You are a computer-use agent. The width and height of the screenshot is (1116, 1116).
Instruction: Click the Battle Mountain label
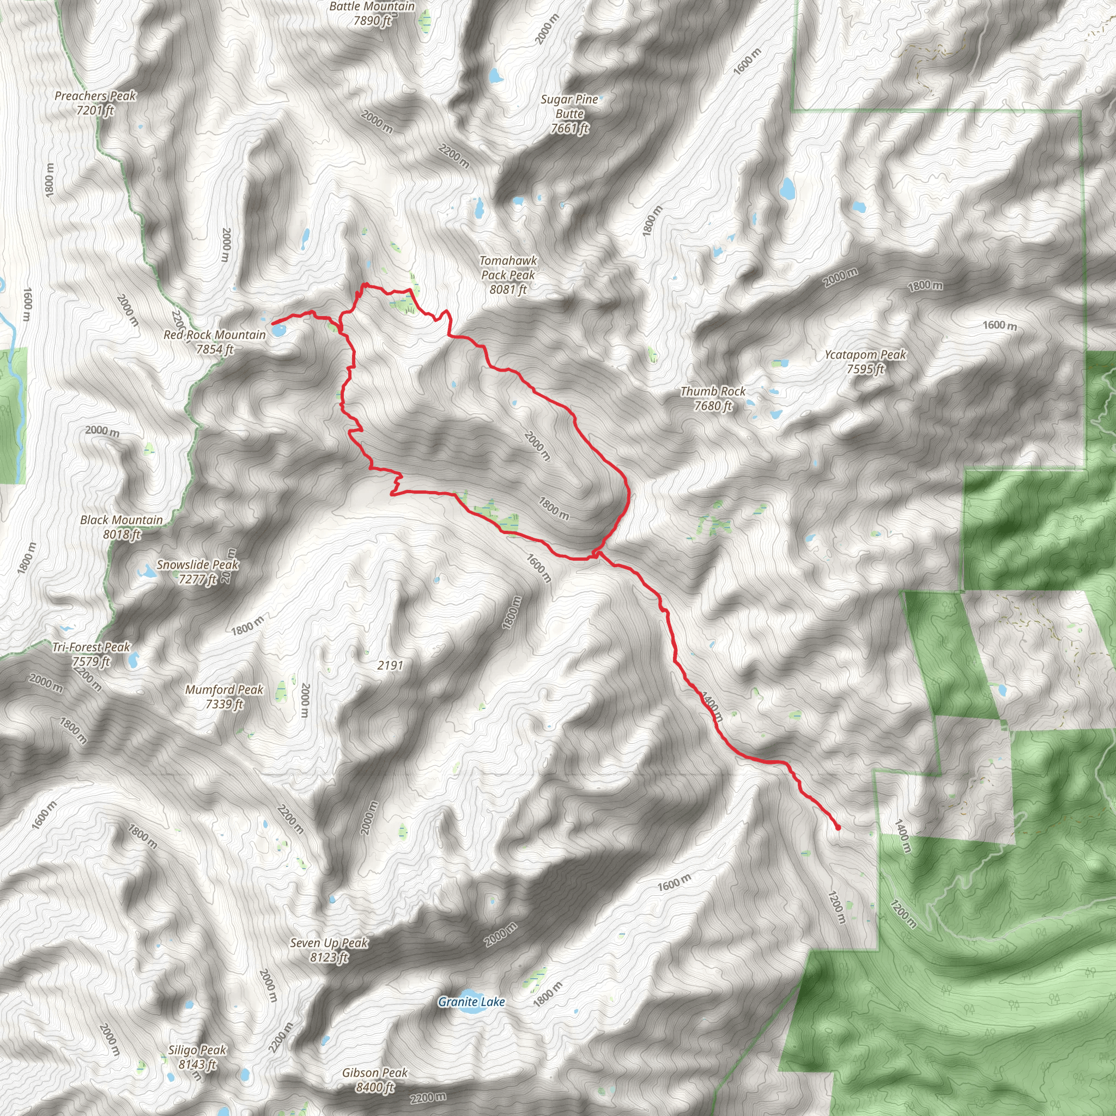point(372,13)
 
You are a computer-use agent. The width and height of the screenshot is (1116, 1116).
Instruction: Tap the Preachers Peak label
point(95,103)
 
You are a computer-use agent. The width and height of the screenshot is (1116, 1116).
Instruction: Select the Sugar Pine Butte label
point(569,114)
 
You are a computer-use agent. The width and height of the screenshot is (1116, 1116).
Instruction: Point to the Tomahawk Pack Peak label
point(508,275)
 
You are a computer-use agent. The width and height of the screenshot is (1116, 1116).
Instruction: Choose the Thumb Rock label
point(713,398)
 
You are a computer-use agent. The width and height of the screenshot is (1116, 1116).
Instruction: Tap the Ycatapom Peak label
point(865,362)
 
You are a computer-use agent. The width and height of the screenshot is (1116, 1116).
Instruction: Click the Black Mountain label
point(122,527)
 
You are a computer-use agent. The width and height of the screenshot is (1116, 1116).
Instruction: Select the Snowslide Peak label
point(198,571)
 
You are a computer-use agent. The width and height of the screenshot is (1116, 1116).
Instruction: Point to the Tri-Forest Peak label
point(91,654)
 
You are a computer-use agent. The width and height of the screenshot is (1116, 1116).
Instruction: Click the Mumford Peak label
point(224,696)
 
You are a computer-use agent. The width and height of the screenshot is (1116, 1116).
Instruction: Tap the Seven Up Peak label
point(329,950)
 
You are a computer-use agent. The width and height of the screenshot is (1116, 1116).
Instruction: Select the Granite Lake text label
point(471,1002)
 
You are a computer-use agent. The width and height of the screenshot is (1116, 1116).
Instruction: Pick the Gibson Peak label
point(375,1079)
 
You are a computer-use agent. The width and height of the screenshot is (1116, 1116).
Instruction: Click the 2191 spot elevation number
point(390,665)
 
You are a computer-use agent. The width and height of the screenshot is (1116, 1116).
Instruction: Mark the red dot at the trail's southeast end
point(838,828)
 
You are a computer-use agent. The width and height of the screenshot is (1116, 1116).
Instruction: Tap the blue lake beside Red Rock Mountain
point(278,331)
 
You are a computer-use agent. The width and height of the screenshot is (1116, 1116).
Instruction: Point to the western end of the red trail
point(272,323)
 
